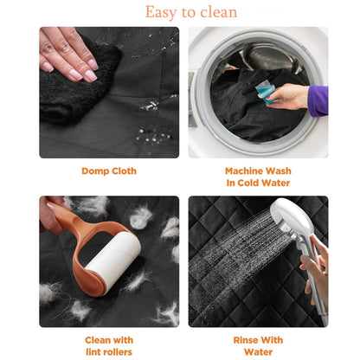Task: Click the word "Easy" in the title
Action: click(161, 12)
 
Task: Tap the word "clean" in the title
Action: click(219, 12)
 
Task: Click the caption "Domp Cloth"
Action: click(109, 171)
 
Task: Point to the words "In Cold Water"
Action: click(258, 183)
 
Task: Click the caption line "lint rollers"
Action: click(109, 352)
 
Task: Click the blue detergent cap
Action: click(266, 92)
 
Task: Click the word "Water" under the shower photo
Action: click(258, 352)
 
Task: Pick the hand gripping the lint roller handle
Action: click(52, 214)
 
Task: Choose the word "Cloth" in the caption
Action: click(124, 171)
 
